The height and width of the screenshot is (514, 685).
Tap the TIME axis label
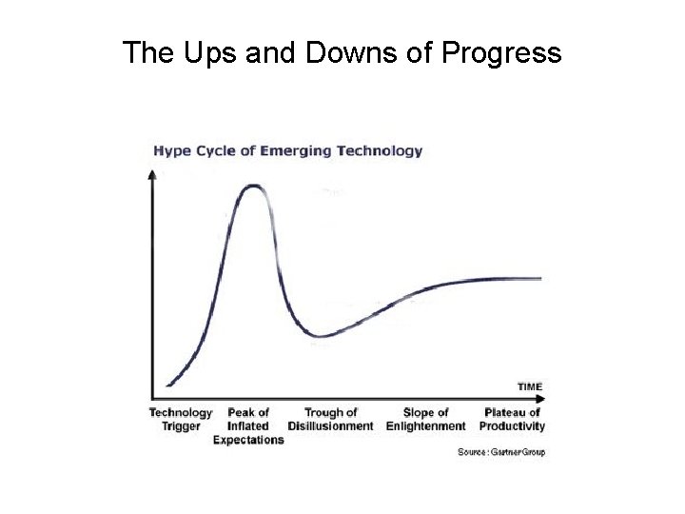[x=530, y=386]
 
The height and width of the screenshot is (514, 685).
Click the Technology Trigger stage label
[x=181, y=420]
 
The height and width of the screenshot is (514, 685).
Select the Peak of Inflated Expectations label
[x=248, y=426]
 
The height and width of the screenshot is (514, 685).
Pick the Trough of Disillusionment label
[x=330, y=420]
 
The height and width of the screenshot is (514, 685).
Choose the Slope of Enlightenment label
[x=425, y=420]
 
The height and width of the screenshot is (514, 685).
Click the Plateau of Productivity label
[x=513, y=420]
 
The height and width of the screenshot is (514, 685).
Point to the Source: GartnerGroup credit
[x=501, y=452]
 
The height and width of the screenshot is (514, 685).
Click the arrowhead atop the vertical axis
[x=152, y=174]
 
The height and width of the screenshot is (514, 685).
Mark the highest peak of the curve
[x=254, y=186]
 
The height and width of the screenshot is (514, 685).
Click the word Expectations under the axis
[x=248, y=440]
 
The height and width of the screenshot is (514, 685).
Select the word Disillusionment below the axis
[x=330, y=426]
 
